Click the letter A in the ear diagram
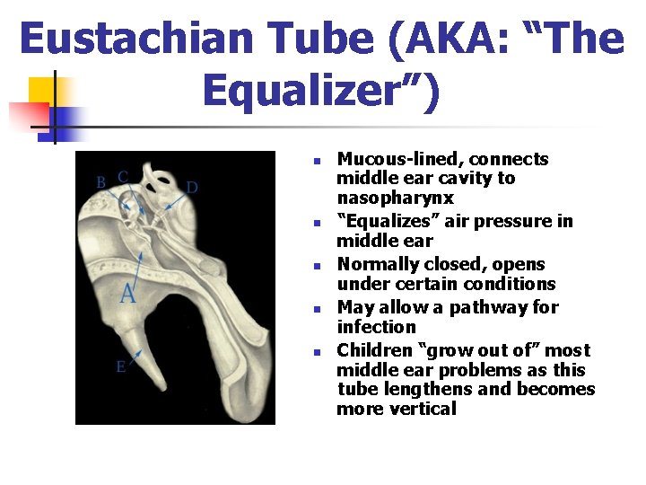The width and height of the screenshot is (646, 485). click(128, 293)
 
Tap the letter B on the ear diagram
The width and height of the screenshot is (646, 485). click(100, 181)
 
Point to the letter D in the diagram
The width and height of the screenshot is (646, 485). click(192, 188)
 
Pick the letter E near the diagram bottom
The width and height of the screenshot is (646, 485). click(120, 366)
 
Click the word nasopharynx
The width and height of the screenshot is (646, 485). click(395, 198)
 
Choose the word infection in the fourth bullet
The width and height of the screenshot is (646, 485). click(376, 327)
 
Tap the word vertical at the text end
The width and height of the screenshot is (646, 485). click(423, 409)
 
